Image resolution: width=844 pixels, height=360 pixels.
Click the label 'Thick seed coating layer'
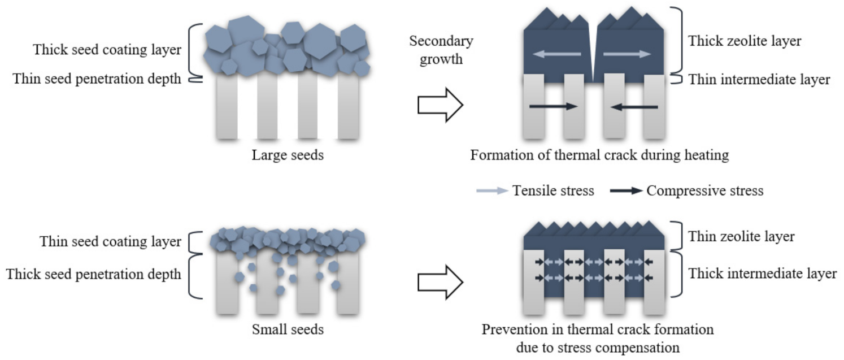pyautogui.click(x=107, y=50)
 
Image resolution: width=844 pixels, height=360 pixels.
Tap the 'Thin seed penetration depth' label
pyautogui.click(x=97, y=79)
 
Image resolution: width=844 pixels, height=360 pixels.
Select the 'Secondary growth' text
pyautogui.click(x=441, y=50)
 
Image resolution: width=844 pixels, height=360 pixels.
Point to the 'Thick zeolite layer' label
pyautogui.click(x=745, y=41)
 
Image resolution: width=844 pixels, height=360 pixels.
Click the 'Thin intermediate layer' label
pyautogui.click(x=759, y=80)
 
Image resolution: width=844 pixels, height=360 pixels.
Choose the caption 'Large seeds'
pyautogui.click(x=288, y=155)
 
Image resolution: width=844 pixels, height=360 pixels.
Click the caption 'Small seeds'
pyautogui.click(x=288, y=328)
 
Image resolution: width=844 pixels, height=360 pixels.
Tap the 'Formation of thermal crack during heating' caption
pyautogui.click(x=599, y=155)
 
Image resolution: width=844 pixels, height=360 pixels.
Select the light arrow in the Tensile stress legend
pyautogui.click(x=492, y=191)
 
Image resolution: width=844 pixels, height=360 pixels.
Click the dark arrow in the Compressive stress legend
pyautogui.click(x=626, y=191)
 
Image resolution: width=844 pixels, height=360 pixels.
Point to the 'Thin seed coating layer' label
pyautogui.click(x=110, y=242)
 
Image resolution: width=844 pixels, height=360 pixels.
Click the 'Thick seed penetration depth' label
pyautogui.click(x=94, y=275)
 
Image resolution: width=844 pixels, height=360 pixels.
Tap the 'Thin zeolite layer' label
pyautogui.click(x=741, y=237)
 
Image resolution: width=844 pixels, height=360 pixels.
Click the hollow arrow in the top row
pyautogui.click(x=440, y=105)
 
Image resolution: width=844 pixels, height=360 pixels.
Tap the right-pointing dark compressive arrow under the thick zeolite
pyautogui.click(x=554, y=106)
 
